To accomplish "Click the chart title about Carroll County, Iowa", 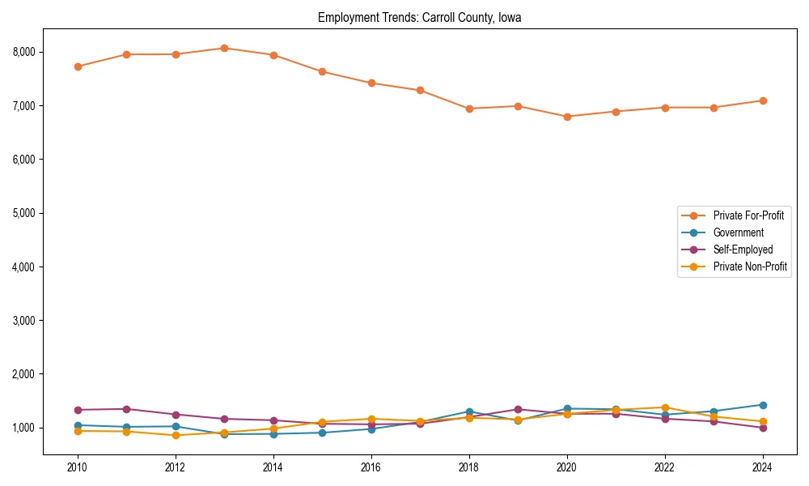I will [419, 17].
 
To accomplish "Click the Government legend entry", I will [738, 232].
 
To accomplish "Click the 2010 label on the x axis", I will [78, 467].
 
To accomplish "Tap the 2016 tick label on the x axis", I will [371, 467].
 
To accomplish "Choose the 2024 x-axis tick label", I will [762, 467].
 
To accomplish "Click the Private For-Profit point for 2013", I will [224, 48].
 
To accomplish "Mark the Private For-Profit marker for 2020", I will [566, 117].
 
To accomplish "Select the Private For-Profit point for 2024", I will [762, 100].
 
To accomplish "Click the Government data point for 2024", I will [762, 405].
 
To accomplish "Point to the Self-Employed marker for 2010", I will [78, 410].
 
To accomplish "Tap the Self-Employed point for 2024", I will [762, 428].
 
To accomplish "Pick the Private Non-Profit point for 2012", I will [176, 435].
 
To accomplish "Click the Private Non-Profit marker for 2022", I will [664, 407].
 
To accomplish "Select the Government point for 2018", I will [468, 411].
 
